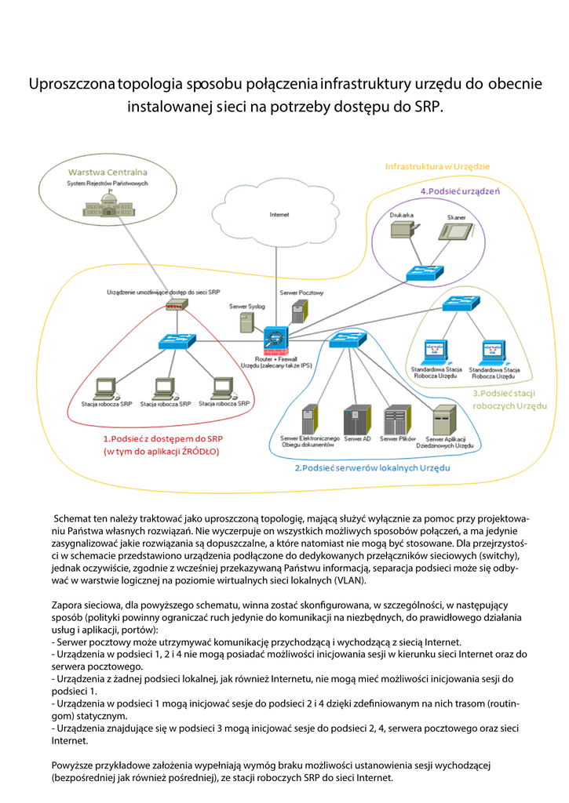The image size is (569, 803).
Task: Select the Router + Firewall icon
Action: coord(275,340)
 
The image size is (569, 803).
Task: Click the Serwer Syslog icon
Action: coord(246,322)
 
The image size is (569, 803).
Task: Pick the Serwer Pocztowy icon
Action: coord(297,313)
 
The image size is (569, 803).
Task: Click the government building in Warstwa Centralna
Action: coord(107,207)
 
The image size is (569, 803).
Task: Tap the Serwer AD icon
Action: coord(356,421)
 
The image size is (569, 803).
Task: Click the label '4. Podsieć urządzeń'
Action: coord(459,191)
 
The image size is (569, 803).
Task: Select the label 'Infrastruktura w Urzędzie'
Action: coord(437,166)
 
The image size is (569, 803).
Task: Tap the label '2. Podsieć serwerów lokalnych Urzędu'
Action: coord(372,467)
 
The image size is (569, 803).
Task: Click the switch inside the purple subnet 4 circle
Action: coord(424,273)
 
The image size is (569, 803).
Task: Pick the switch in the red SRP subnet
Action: coord(177,341)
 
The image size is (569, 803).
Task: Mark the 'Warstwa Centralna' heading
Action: coord(108,172)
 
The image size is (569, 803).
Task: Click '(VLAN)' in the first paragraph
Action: coord(349,580)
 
